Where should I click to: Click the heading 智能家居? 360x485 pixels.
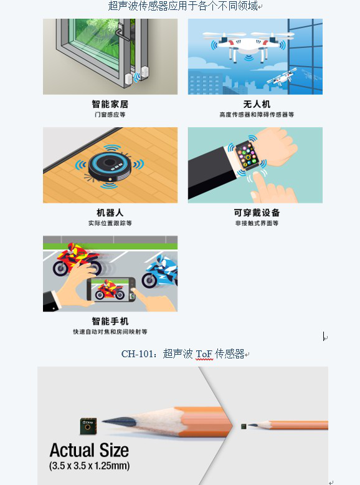pos(110,104)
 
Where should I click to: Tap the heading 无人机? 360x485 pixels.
pos(257,104)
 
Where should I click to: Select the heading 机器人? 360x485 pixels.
pos(110,213)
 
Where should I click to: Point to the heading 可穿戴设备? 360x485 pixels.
pos(257,213)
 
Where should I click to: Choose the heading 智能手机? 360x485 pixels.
pos(110,321)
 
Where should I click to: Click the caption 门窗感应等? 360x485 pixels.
pos(110,115)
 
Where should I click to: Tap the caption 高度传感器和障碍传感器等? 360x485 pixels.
pos(257,115)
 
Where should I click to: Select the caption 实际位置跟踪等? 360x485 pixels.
pos(110,223)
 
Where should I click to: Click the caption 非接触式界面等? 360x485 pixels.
pos(257,223)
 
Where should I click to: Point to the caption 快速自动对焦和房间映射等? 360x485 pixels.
pos(110,332)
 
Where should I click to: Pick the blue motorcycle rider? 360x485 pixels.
pos(161,271)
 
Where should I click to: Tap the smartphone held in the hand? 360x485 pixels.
pos(111,289)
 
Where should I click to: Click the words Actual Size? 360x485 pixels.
pos(89,450)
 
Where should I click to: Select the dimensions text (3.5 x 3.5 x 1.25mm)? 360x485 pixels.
pos(89,466)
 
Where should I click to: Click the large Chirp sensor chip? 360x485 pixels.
pos(88,426)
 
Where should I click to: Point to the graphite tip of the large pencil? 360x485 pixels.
pos(119,421)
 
